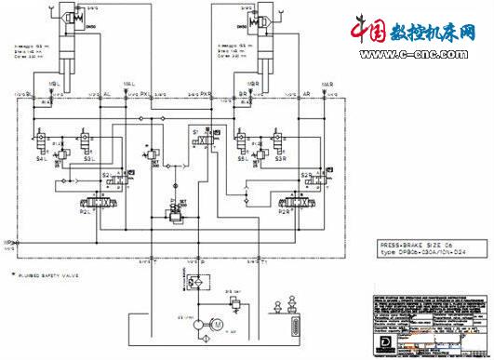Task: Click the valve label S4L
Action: point(43,159)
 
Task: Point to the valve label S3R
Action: point(280,159)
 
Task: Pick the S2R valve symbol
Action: point(301,177)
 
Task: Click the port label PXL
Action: point(145,93)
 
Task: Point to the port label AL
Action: point(107,93)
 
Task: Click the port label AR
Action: point(306,93)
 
